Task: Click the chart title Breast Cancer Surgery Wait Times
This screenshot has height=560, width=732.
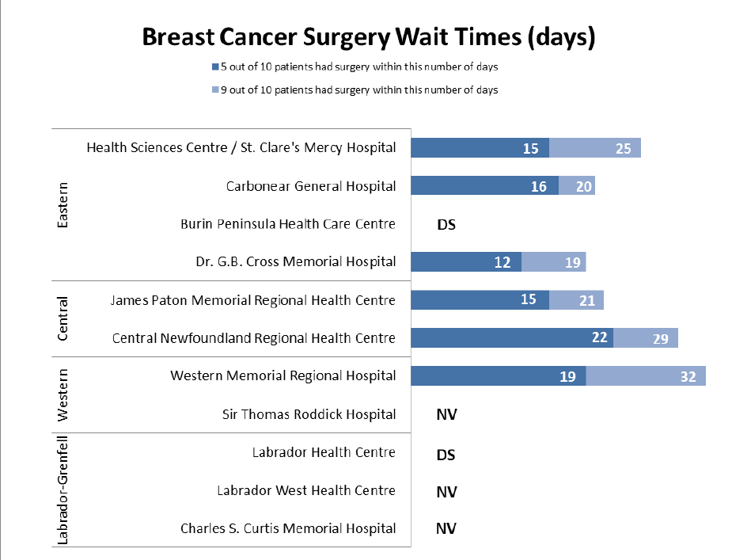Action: (x=368, y=37)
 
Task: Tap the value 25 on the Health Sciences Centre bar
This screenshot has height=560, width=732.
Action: (x=623, y=148)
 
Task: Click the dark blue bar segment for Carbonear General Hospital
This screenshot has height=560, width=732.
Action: (x=484, y=186)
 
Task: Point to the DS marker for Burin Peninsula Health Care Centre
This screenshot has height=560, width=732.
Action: (x=446, y=224)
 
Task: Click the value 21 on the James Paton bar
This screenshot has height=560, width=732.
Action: (x=586, y=300)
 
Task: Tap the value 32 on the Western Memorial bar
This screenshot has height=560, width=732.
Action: (x=688, y=376)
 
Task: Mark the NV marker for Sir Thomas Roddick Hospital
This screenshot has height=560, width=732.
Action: (x=446, y=414)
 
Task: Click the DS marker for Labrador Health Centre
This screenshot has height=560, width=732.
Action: (x=446, y=455)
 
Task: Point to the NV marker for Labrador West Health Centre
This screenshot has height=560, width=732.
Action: (x=446, y=492)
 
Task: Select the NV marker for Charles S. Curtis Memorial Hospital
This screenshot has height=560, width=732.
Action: (x=446, y=529)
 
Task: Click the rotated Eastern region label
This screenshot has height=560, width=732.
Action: (x=63, y=205)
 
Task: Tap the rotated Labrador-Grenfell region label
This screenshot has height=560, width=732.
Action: (x=63, y=490)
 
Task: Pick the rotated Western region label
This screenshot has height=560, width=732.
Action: (x=63, y=395)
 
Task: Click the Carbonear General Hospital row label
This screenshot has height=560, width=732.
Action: (x=310, y=186)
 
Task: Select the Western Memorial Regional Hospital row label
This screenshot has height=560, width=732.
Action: (x=283, y=375)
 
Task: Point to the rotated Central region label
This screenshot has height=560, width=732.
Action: (x=63, y=319)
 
